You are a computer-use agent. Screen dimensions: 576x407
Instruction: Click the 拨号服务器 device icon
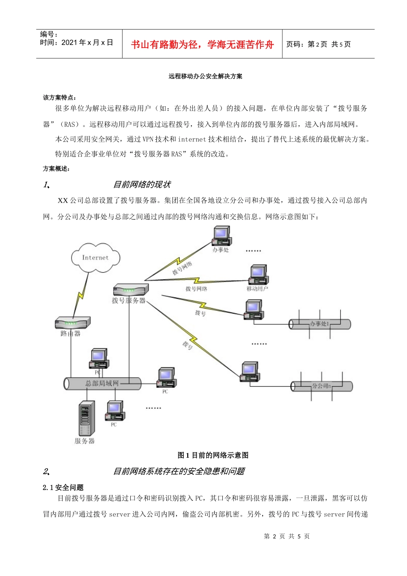131,289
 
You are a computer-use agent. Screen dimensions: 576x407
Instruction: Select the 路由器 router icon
73,322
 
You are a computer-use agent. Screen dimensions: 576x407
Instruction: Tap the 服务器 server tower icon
86,418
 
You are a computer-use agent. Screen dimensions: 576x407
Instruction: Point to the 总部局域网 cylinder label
102,383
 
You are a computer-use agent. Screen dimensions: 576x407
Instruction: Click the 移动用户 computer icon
258,275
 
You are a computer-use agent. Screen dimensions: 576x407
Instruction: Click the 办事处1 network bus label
319,324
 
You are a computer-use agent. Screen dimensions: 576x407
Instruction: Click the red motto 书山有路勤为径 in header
202,45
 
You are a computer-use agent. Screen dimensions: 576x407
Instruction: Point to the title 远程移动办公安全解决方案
205,76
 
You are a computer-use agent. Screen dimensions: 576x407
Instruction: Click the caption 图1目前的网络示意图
213,455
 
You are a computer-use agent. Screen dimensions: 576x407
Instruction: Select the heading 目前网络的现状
142,185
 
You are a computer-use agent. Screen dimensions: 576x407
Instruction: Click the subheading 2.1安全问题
63,487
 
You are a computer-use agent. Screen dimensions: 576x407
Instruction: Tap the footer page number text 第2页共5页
287,536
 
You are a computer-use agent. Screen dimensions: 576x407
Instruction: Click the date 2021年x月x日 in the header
87,42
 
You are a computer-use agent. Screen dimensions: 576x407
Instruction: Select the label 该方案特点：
60,97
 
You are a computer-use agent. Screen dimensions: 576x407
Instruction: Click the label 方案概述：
57,169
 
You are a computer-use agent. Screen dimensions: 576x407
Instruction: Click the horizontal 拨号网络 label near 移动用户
196,289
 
